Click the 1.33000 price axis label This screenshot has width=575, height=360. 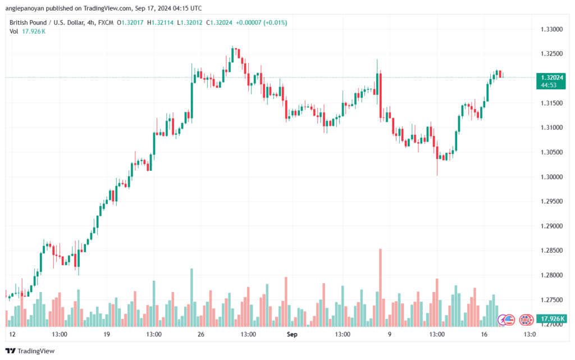click(x=551, y=29)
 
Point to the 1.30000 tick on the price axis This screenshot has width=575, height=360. click(x=551, y=177)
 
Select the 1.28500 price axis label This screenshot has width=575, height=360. click(x=551, y=250)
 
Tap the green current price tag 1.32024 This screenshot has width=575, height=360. click(x=551, y=81)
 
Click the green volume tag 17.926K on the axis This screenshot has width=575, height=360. click(x=551, y=318)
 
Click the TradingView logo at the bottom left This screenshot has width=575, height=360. click(x=30, y=351)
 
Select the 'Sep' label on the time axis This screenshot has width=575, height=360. click(x=292, y=334)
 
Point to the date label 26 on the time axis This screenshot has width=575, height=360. click(x=200, y=334)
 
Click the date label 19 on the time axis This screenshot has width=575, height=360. click(x=107, y=334)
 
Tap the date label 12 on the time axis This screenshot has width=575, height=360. click(x=12, y=334)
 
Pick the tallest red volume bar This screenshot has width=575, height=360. click(x=380, y=288)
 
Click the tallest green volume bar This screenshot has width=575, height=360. click(x=191, y=298)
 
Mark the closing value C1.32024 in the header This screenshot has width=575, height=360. click(x=219, y=22)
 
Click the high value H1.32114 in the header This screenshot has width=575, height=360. click(x=160, y=22)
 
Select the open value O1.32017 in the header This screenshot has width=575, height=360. click(x=130, y=22)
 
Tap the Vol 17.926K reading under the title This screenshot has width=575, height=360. click(x=28, y=31)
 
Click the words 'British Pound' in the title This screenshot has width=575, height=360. click(x=28, y=22)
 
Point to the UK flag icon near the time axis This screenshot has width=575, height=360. click(x=526, y=320)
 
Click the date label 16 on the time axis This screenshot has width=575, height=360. click(x=484, y=334)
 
